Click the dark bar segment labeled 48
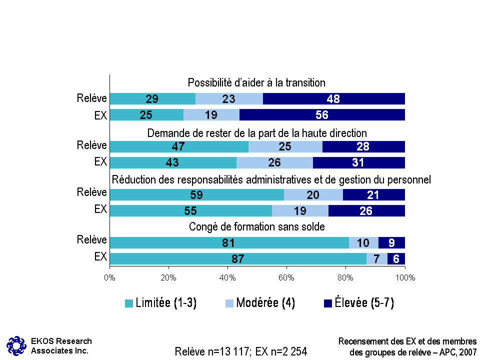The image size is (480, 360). (333, 99)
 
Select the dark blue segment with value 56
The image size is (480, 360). (321, 115)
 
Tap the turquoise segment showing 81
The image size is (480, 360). (229, 243)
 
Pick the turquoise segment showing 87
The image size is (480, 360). (238, 258)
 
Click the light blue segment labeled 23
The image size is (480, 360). (229, 99)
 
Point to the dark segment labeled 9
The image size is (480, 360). (391, 243)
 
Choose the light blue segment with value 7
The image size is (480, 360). (377, 258)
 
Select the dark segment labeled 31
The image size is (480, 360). (358, 162)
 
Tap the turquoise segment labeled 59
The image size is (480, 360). (197, 195)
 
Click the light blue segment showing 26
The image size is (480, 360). (274, 162)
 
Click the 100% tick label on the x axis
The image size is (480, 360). (404, 277)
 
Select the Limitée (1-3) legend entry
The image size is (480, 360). (160, 303)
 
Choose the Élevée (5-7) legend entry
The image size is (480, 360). (358, 303)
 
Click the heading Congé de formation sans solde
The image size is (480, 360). (257, 227)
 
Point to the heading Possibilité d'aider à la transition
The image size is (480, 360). (257, 82)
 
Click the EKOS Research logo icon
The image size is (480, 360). (16, 345)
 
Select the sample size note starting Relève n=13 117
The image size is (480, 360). (240, 351)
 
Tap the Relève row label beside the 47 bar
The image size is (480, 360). (92, 145)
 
